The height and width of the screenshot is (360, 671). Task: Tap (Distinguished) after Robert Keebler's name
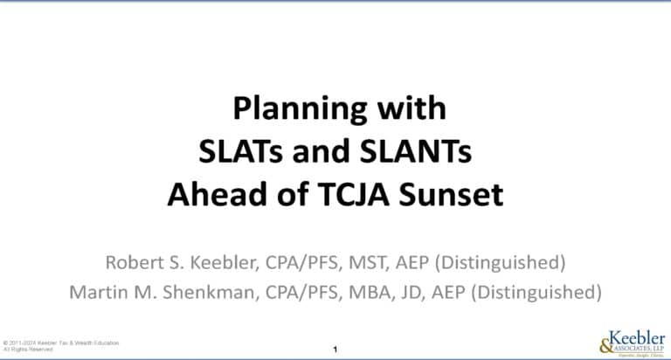tap(496, 261)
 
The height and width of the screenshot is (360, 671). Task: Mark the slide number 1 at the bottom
tap(335, 350)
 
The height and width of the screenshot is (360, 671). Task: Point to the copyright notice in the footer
tap(61, 344)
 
